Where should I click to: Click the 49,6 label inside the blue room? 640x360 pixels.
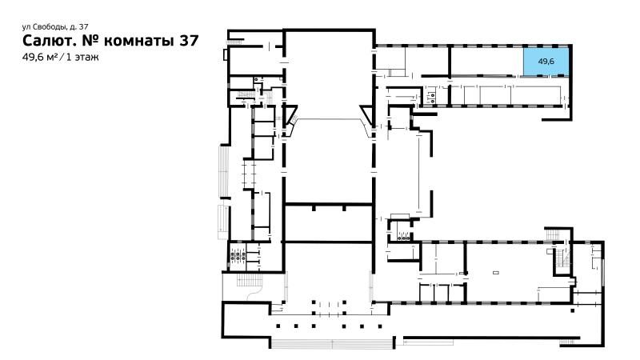pyautogui.click(x=546, y=62)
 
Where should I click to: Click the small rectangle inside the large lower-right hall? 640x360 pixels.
pyautogui.click(x=496, y=272)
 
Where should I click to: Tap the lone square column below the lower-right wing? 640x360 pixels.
pyautogui.click(x=573, y=310)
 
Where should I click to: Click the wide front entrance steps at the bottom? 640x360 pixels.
pyautogui.click(x=332, y=344)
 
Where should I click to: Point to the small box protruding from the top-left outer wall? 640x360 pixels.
pyautogui.click(x=226, y=54)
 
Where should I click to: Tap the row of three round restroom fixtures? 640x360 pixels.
pyautogui.click(x=404, y=235)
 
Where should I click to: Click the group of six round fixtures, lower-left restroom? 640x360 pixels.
pyautogui.click(x=238, y=256)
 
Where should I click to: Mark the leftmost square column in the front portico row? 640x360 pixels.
pyautogui.click(x=278, y=326)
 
